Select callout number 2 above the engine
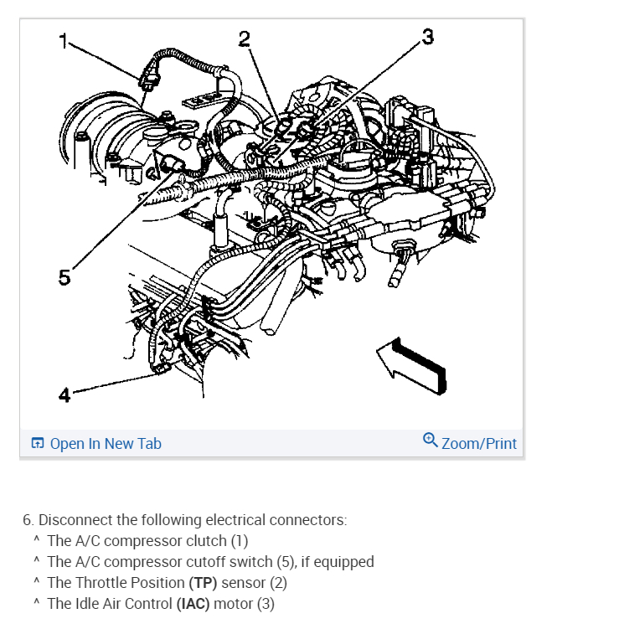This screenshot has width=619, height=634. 244,38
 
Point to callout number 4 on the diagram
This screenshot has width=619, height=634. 64,394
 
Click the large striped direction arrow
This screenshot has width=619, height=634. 411,361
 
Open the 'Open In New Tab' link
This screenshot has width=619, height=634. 105,444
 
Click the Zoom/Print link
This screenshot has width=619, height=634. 478,444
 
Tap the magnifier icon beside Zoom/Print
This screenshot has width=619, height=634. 431,440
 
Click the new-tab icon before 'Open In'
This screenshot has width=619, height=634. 37,444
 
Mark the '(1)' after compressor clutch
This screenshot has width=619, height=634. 240,541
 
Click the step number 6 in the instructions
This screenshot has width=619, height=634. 27,520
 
